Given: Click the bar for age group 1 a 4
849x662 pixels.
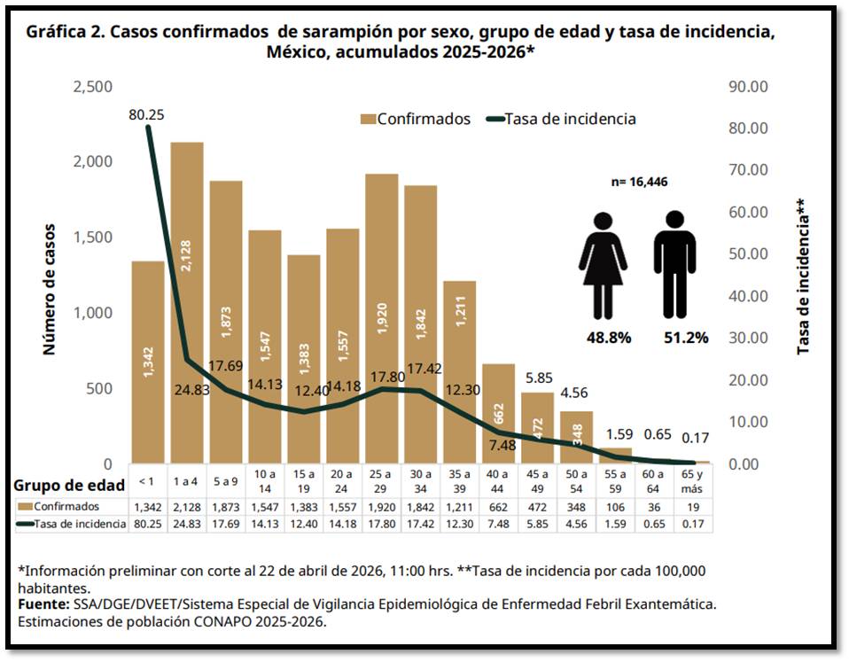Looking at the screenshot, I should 187,301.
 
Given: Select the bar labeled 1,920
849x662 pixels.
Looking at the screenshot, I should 381,319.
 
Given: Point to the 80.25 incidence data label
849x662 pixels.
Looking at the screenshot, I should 146,114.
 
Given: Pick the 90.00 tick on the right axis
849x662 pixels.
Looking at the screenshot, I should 747,87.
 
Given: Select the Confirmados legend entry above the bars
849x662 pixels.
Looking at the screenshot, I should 415,119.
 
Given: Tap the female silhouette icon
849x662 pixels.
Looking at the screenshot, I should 604,264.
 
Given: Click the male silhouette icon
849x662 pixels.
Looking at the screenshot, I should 675,264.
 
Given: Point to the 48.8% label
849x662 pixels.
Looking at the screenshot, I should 608,338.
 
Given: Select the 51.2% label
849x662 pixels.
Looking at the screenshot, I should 685,338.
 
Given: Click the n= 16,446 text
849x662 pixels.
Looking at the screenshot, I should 639,183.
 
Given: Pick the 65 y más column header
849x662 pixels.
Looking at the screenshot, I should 692,483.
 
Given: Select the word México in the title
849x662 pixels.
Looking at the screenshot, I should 297,52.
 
